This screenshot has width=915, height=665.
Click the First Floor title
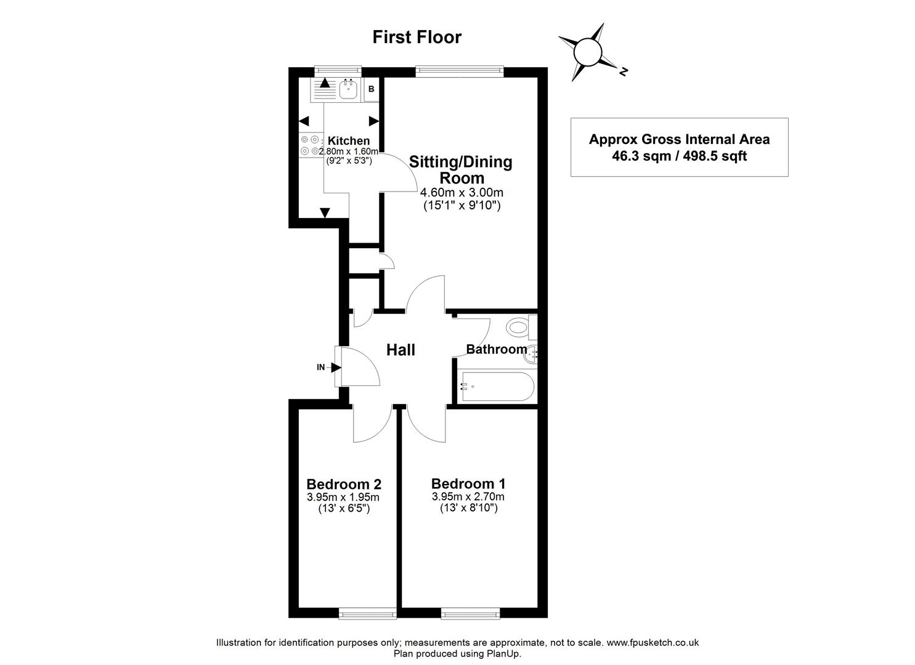[417, 37]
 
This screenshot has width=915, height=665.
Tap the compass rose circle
[587, 53]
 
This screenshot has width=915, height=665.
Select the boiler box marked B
[371, 89]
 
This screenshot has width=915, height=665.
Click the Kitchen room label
[348, 141]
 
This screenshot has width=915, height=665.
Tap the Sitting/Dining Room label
[461, 170]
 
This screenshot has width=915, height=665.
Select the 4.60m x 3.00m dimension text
[462, 193]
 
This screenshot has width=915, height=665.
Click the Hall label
[401, 350]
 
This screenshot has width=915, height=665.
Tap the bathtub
[496, 386]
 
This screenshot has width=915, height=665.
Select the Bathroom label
[496, 349]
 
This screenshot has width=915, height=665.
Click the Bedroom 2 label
[344, 483]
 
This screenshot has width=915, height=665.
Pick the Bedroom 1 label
[468, 483]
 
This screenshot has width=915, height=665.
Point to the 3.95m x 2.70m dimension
[468, 497]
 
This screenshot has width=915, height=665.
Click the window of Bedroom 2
[368, 613]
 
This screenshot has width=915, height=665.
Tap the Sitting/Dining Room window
[460, 71]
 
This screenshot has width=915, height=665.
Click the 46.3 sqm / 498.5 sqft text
[679, 156]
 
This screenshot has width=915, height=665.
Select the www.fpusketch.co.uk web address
[653, 642]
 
